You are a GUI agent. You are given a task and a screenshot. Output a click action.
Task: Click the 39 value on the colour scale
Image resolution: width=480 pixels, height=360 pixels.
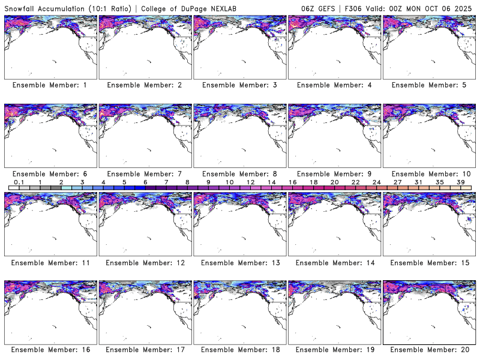[460, 182]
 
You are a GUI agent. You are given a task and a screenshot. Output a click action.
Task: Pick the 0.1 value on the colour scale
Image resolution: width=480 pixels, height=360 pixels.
[19, 182]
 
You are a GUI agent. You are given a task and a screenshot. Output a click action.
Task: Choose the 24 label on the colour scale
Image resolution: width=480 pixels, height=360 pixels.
[376, 182]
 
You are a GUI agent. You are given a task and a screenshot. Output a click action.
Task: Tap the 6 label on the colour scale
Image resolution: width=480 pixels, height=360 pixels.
[145, 182]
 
